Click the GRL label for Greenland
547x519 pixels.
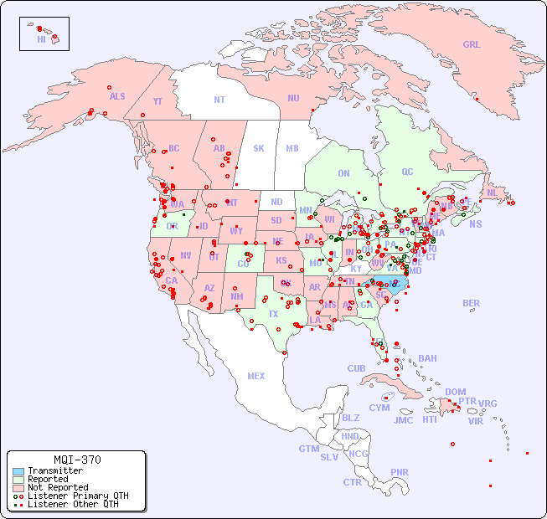[472, 45]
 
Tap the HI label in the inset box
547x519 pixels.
[41, 39]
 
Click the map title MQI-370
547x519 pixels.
[76, 460]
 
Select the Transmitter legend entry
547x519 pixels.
[54, 471]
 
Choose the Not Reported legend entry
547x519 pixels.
[57, 487]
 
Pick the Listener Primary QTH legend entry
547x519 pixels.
[77, 496]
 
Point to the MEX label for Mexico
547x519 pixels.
[255, 376]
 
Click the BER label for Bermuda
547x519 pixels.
[472, 303]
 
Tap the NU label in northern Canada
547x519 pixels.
[293, 98]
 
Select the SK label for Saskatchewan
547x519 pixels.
[259, 148]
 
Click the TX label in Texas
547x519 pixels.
[273, 314]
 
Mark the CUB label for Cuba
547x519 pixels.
[356, 368]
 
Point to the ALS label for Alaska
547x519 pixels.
[117, 96]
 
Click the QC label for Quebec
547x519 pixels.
[407, 172]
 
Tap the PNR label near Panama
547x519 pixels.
[400, 472]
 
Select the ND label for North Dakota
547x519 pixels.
[276, 202]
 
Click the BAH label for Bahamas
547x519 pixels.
[427, 358]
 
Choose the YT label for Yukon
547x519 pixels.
[157, 100]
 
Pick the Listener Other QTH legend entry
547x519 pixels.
[72, 504]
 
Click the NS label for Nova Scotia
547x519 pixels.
[475, 224]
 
